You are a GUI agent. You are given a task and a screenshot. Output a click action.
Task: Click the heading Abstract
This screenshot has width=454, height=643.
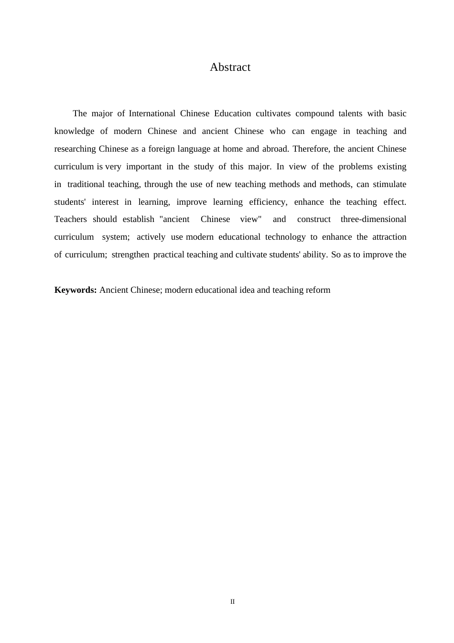[x=230, y=67]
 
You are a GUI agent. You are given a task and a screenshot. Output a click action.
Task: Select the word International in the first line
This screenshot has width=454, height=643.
[x=152, y=113]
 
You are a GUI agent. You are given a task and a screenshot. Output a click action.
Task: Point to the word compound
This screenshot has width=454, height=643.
[x=314, y=113]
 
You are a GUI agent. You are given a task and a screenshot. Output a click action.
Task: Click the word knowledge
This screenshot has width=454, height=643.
[x=74, y=131]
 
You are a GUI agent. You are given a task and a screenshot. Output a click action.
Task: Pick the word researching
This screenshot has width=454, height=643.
[x=75, y=149]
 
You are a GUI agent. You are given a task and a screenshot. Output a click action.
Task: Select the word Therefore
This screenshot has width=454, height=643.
[x=311, y=149]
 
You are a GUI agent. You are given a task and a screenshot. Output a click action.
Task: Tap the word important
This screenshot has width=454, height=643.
[x=144, y=166]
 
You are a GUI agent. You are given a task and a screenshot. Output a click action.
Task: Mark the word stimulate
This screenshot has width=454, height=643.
[x=389, y=184]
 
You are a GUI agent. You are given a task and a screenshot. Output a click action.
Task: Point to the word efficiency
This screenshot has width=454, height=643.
[x=268, y=202]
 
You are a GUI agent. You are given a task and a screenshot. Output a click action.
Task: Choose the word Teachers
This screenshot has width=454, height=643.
[x=71, y=219]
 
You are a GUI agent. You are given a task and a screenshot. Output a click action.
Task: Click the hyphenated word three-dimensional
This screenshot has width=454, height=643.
[x=373, y=219]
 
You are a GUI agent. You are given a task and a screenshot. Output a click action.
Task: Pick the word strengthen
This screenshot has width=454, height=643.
[x=130, y=255]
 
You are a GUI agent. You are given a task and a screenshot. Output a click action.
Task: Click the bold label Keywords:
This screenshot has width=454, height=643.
[x=76, y=290]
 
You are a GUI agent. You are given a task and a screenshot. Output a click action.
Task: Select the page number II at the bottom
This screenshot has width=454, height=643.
[x=232, y=602]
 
